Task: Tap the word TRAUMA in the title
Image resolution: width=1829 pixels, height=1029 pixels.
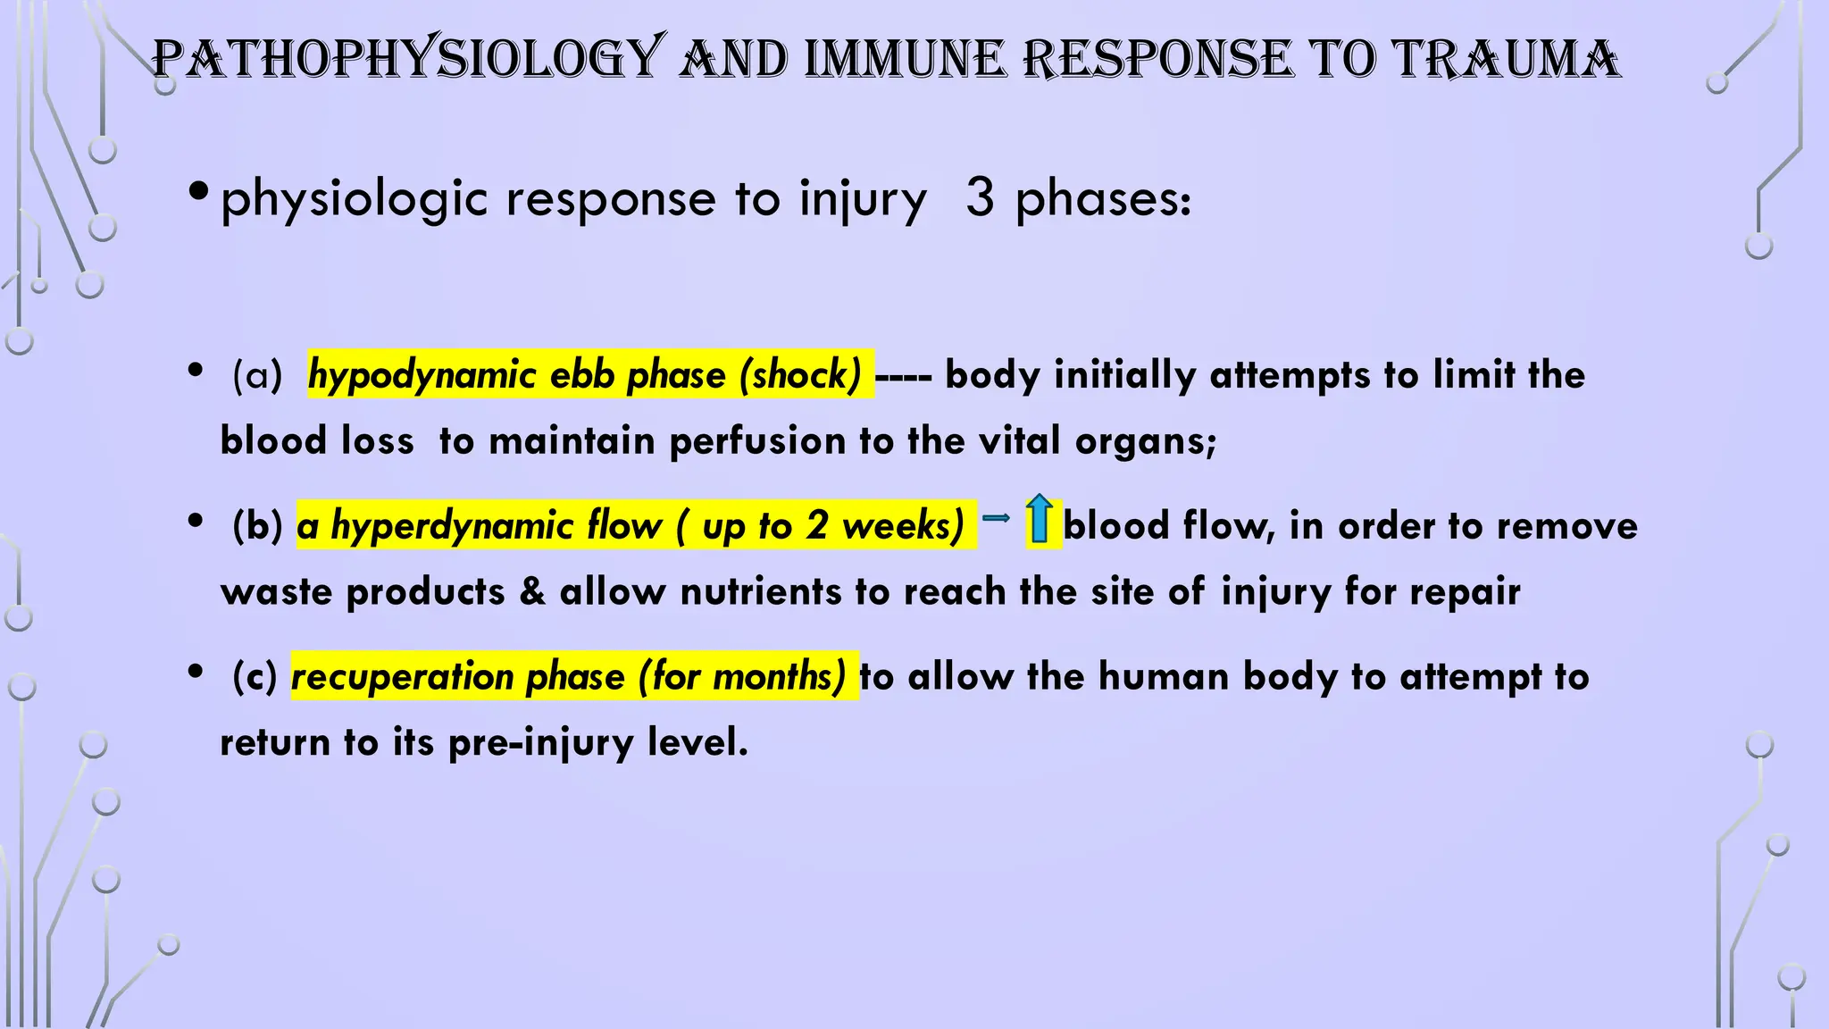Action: (1507, 59)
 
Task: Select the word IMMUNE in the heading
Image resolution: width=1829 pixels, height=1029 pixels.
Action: (903, 59)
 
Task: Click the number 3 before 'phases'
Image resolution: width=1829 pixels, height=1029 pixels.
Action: (980, 197)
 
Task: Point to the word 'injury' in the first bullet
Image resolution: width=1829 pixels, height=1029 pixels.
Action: (863, 199)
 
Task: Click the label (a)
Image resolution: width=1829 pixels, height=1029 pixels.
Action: (257, 374)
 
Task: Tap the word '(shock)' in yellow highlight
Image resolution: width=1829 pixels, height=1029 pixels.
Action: (800, 374)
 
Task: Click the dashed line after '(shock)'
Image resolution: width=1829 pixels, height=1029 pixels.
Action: (903, 377)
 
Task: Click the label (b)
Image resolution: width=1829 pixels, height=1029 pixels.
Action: (257, 525)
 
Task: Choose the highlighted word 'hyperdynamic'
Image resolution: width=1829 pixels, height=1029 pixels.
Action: (452, 525)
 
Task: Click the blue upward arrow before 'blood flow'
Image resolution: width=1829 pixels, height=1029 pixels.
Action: (1039, 519)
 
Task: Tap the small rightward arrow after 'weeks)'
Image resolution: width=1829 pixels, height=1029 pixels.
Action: (996, 517)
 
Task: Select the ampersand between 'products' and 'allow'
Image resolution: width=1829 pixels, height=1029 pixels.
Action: (532, 591)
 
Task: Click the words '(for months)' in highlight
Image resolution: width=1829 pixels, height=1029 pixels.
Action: (742, 676)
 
